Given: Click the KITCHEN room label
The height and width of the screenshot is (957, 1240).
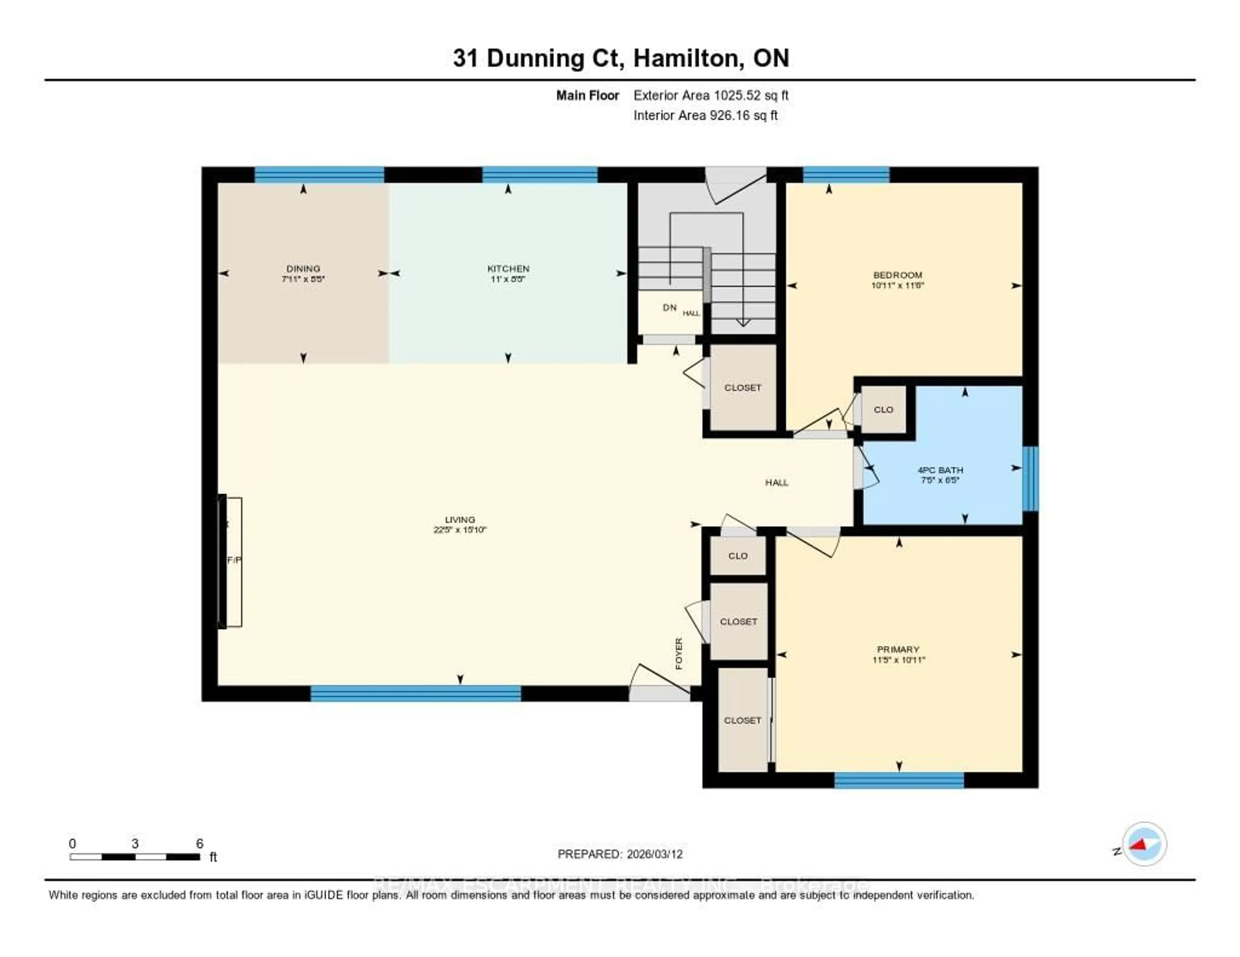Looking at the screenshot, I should (x=508, y=268).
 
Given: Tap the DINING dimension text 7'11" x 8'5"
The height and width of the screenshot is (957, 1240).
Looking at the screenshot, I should (x=303, y=279).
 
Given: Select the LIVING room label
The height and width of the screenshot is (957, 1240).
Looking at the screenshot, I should (x=460, y=519).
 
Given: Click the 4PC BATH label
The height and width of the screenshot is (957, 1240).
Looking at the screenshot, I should (x=940, y=470).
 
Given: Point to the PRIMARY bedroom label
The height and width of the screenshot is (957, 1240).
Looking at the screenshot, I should (x=898, y=649).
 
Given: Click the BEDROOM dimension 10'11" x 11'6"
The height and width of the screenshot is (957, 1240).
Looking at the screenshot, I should (x=898, y=285).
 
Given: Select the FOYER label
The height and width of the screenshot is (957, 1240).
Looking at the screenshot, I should (x=678, y=653).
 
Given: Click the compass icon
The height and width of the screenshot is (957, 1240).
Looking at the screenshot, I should (x=1144, y=844).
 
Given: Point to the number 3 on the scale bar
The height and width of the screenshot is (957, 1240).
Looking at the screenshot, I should (x=135, y=843).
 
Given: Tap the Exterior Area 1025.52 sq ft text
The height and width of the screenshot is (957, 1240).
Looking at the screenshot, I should (x=711, y=95).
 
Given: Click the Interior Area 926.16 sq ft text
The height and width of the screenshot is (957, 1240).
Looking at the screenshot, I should (x=705, y=115).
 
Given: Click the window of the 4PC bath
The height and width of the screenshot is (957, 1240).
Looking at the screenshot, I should (x=1030, y=478).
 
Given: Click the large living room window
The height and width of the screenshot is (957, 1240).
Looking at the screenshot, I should (x=416, y=693).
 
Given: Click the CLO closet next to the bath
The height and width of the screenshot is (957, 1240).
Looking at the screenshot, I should (x=883, y=409).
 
